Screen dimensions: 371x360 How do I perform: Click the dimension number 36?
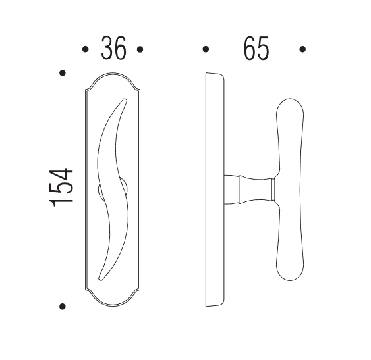coord(113,48)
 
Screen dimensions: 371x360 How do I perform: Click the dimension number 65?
coord(256,48)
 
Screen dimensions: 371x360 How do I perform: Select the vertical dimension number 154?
coord(61,188)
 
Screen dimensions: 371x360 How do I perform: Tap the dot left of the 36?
coord(85,49)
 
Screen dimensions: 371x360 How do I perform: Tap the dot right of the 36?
coord(140,49)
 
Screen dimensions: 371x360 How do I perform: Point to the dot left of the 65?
coord(206,49)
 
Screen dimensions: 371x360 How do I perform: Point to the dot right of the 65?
coord(302,49)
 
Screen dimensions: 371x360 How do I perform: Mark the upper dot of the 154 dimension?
coord(63,73)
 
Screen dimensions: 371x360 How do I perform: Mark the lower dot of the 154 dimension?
coord(63,307)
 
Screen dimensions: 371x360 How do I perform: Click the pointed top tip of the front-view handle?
coord(125,99)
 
